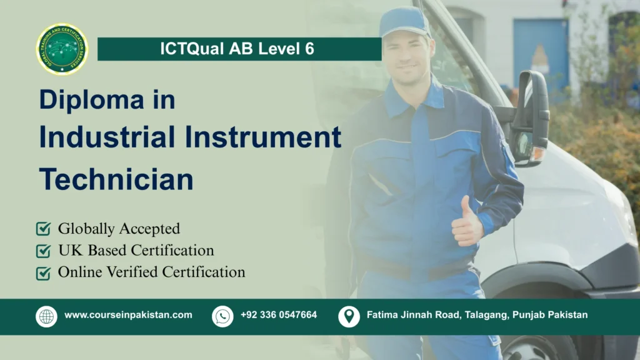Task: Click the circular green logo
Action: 62,49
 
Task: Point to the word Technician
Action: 116,179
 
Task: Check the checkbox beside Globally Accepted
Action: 44,229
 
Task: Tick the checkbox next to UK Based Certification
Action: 44,251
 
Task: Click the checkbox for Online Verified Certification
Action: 44,272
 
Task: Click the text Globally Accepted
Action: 119,229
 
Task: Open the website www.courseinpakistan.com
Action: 128,315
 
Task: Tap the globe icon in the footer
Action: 46,316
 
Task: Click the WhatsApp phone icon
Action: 222,316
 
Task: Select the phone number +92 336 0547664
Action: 279,315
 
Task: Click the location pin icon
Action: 349,316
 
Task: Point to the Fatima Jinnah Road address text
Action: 477,315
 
